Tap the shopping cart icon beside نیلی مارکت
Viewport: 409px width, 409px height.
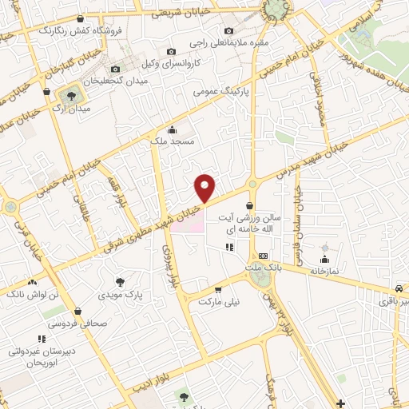click(217, 290)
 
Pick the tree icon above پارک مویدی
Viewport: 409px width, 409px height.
click(120, 281)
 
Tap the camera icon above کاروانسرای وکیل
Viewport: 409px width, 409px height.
click(171, 52)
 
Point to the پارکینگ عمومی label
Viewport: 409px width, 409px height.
click(219, 92)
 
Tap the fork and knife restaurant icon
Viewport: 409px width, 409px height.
click(229, 247)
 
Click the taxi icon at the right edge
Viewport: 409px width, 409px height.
click(398, 288)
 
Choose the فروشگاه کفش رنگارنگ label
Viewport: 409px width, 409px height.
click(81, 30)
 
